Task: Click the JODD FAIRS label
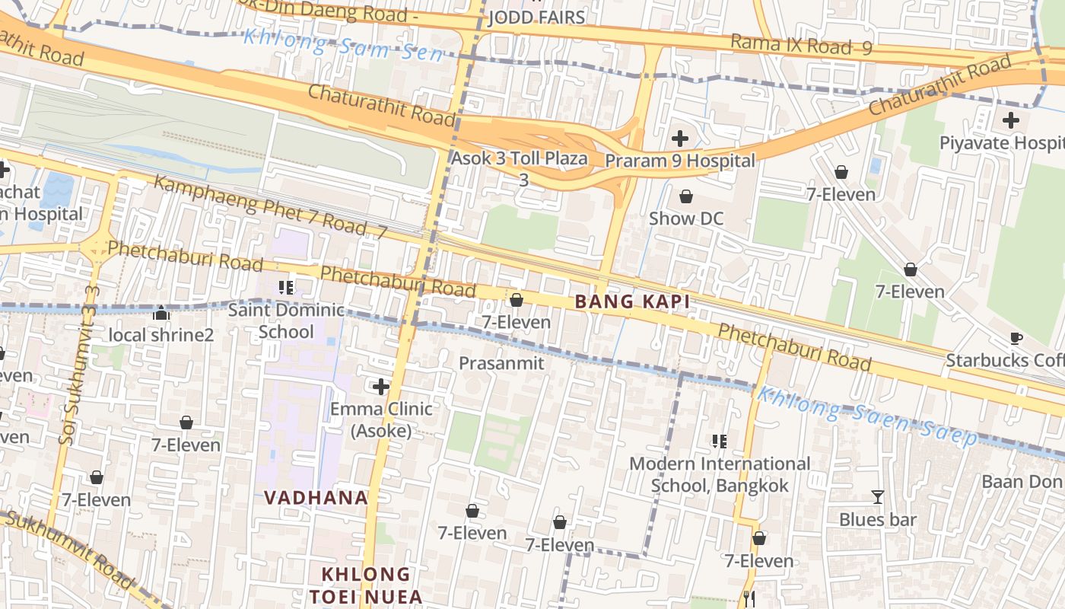(x=536, y=18)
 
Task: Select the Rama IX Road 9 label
(x=800, y=45)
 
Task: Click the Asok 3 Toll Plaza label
(x=520, y=159)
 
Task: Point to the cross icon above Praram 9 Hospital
(x=680, y=139)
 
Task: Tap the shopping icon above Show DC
(x=686, y=196)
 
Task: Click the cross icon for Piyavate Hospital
(x=1011, y=120)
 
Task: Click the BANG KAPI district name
(x=632, y=302)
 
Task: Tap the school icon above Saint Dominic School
(x=286, y=288)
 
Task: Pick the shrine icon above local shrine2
(x=161, y=313)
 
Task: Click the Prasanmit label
(x=501, y=363)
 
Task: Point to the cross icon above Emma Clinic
(x=381, y=387)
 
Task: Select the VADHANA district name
(x=316, y=497)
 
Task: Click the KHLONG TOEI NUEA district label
(x=365, y=585)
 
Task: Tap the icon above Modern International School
(x=720, y=441)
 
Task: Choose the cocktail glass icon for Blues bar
(x=878, y=497)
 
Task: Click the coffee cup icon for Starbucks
(x=1016, y=338)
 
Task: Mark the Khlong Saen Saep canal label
(x=867, y=416)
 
